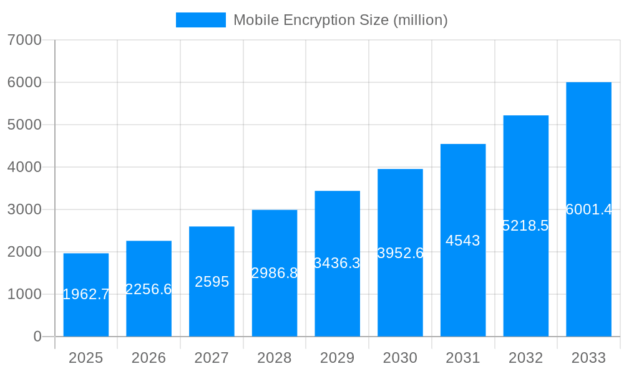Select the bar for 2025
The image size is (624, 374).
[86, 295]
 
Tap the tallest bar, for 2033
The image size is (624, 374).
[588, 209]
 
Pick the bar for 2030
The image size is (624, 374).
[400, 252]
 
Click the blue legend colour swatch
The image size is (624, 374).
[201, 20]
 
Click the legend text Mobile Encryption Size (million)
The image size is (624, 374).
[340, 20]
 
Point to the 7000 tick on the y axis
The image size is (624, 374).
[24, 40]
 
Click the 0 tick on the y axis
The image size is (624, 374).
[37, 337]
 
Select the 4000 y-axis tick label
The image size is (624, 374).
[24, 167]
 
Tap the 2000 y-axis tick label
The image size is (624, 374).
[24, 252]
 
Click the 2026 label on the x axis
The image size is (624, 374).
[149, 358]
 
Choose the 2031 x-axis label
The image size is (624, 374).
[463, 358]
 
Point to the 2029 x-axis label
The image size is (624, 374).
[337, 358]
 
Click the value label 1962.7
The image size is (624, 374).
[86, 295]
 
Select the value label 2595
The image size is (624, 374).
[212, 282]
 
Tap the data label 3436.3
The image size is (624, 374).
[337, 263]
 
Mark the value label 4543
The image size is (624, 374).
[463, 241]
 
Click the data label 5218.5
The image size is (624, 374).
[525, 226]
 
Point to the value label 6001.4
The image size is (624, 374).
[588, 209]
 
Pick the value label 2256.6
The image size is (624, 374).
[149, 289]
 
